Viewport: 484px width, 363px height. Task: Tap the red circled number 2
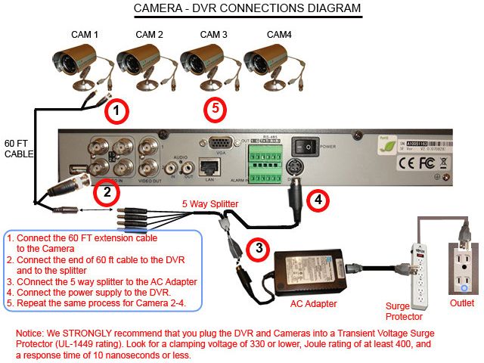click(107, 192)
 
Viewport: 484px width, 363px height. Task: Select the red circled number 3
click(259, 247)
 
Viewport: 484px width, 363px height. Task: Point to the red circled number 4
click(318, 200)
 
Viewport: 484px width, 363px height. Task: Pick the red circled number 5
click(216, 109)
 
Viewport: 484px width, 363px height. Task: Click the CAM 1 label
click(85, 35)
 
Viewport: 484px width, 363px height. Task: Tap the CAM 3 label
click(214, 35)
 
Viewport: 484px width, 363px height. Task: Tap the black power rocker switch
click(308, 144)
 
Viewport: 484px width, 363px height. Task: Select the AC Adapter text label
click(314, 303)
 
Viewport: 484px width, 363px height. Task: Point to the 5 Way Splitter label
click(209, 203)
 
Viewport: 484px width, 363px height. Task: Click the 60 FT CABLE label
click(20, 149)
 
